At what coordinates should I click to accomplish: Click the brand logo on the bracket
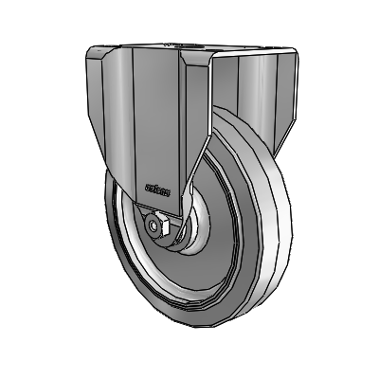pyautogui.click(x=157, y=190)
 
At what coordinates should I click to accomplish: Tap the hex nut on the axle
pyautogui.click(x=157, y=226)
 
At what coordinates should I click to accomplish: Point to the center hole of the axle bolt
pyautogui.click(x=156, y=226)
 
